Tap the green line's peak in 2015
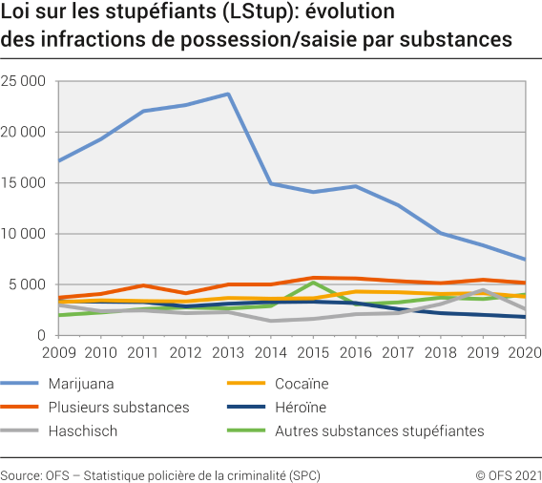tap(313, 283)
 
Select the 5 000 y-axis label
tap(31, 284)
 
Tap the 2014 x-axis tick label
tap(271, 353)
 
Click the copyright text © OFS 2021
tap(509, 474)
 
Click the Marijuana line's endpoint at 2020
tap(523, 260)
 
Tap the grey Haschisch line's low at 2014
tap(271, 321)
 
